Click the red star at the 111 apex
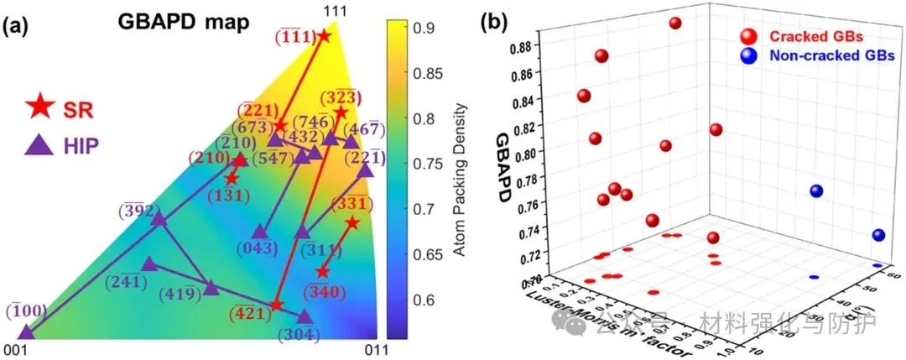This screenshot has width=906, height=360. click(324, 36)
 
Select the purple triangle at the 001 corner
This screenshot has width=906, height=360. click(26, 331)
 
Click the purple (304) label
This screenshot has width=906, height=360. click(304, 333)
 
